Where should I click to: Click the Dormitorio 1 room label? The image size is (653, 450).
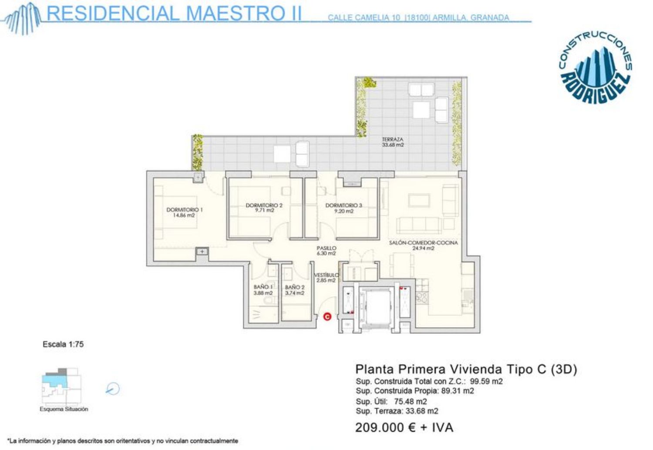pos(184,210)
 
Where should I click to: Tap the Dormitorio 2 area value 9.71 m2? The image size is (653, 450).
pos(264,211)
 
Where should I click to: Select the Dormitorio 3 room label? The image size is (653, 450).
pos(344,205)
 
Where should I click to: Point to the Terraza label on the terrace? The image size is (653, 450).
pos(393,139)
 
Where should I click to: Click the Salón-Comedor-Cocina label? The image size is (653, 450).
pos(423,243)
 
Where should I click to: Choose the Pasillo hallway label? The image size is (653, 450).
pos(326,248)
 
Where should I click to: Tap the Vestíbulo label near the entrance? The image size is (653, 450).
pos(326,275)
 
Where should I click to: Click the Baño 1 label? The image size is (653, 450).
pos(263,287)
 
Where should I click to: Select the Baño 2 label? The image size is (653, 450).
pos(295,287)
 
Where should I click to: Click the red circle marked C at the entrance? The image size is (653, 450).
pos(327,316)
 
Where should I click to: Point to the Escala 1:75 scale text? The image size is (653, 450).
pos(63,344)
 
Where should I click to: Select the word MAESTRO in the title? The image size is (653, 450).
pos(235,13)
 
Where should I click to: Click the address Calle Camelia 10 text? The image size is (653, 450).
pos(364,18)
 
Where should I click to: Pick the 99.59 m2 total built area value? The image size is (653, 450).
pos(486,381)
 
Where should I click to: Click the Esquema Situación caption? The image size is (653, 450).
pos(64,409)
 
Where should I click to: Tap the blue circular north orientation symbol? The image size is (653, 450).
pos(112,389)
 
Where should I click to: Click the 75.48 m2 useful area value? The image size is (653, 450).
pos(411,401)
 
